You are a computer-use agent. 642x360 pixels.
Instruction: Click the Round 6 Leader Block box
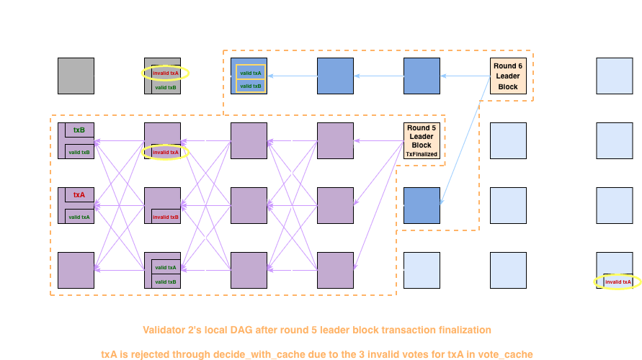pyautogui.click(x=508, y=76)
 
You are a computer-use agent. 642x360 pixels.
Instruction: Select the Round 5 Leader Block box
pyautogui.click(x=422, y=140)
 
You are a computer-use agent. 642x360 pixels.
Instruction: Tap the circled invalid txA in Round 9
pyautogui.click(x=618, y=282)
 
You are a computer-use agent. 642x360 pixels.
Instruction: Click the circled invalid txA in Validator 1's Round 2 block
pyautogui.click(x=165, y=73)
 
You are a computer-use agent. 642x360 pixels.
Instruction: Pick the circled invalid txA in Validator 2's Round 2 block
pyautogui.click(x=165, y=152)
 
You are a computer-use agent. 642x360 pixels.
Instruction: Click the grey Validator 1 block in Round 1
pyautogui.click(x=76, y=76)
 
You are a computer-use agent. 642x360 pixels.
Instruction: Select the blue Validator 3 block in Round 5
pyautogui.click(x=422, y=205)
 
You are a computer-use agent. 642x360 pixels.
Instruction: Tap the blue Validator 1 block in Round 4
pyautogui.click(x=336, y=76)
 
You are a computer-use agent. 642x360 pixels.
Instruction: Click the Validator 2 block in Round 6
pyautogui.click(x=508, y=140)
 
